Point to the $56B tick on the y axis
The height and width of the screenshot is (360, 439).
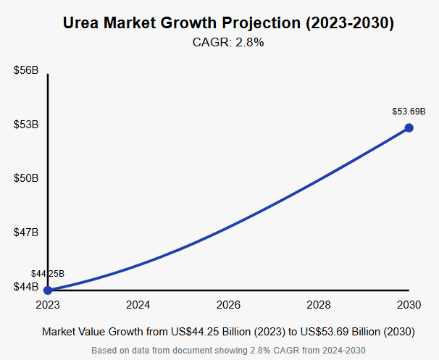(x=26, y=70)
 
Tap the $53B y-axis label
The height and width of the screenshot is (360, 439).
(x=26, y=125)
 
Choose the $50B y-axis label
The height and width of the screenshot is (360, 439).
(x=26, y=178)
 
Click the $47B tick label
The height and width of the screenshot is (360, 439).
(x=26, y=233)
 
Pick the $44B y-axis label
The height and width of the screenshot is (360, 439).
(x=26, y=287)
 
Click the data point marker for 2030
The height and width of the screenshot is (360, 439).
(x=409, y=127)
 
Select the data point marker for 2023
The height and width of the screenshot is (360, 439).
(x=48, y=290)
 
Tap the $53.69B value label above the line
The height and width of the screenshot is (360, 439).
(x=409, y=112)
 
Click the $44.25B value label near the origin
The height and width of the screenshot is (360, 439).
(x=48, y=274)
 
